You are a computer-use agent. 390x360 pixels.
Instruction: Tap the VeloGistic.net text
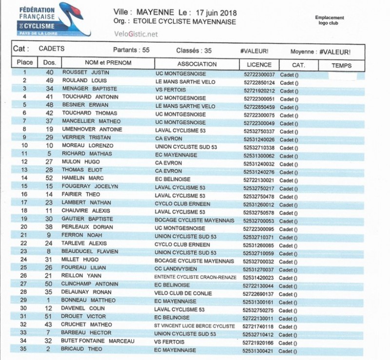coord(136,34)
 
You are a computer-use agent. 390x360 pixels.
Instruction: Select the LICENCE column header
coord(259,64)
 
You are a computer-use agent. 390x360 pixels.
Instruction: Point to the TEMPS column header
coord(341,65)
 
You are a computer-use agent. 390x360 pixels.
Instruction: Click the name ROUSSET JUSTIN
coord(86,73)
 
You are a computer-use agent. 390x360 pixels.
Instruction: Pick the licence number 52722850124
coord(259,83)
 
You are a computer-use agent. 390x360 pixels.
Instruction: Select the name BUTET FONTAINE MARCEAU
coord(97,341)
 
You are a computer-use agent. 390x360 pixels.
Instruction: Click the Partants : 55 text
coord(131,50)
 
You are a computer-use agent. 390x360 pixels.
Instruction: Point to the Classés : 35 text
coord(194,50)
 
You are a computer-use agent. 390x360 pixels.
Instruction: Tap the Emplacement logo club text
coord(330,20)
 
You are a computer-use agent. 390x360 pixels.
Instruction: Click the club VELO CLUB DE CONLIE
coord(183,293)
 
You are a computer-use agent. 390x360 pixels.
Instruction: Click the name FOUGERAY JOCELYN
coord(90,186)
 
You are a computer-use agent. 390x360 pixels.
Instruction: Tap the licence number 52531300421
coord(259,350)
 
